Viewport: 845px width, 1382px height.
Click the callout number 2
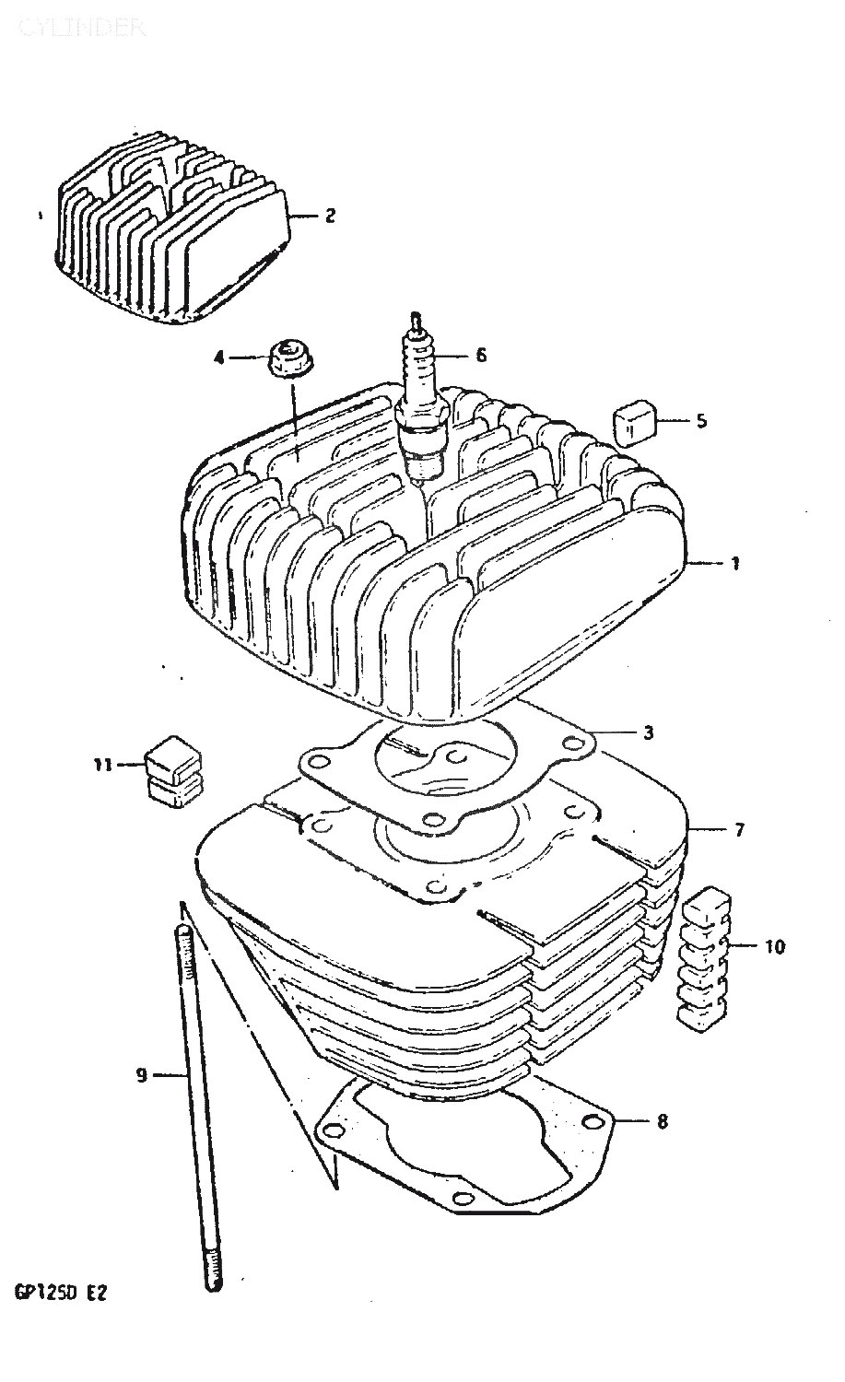[329, 216]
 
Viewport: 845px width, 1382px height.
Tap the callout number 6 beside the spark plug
[480, 355]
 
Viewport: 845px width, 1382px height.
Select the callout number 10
[775, 946]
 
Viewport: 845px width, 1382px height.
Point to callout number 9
[141, 1074]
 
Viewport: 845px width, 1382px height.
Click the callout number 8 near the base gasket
[663, 1121]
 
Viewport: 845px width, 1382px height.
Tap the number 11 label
[102, 763]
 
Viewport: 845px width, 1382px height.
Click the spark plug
[421, 405]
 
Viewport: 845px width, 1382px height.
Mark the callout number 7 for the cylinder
[739, 829]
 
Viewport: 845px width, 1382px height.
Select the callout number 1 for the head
[735, 564]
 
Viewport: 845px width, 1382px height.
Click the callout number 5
[701, 421]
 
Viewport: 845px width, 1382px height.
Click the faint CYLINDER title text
[80, 28]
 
